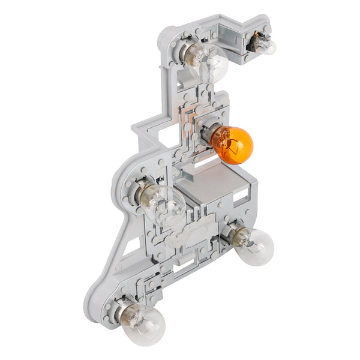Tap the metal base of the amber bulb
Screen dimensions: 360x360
208,133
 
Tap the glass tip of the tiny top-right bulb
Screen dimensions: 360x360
272,49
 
